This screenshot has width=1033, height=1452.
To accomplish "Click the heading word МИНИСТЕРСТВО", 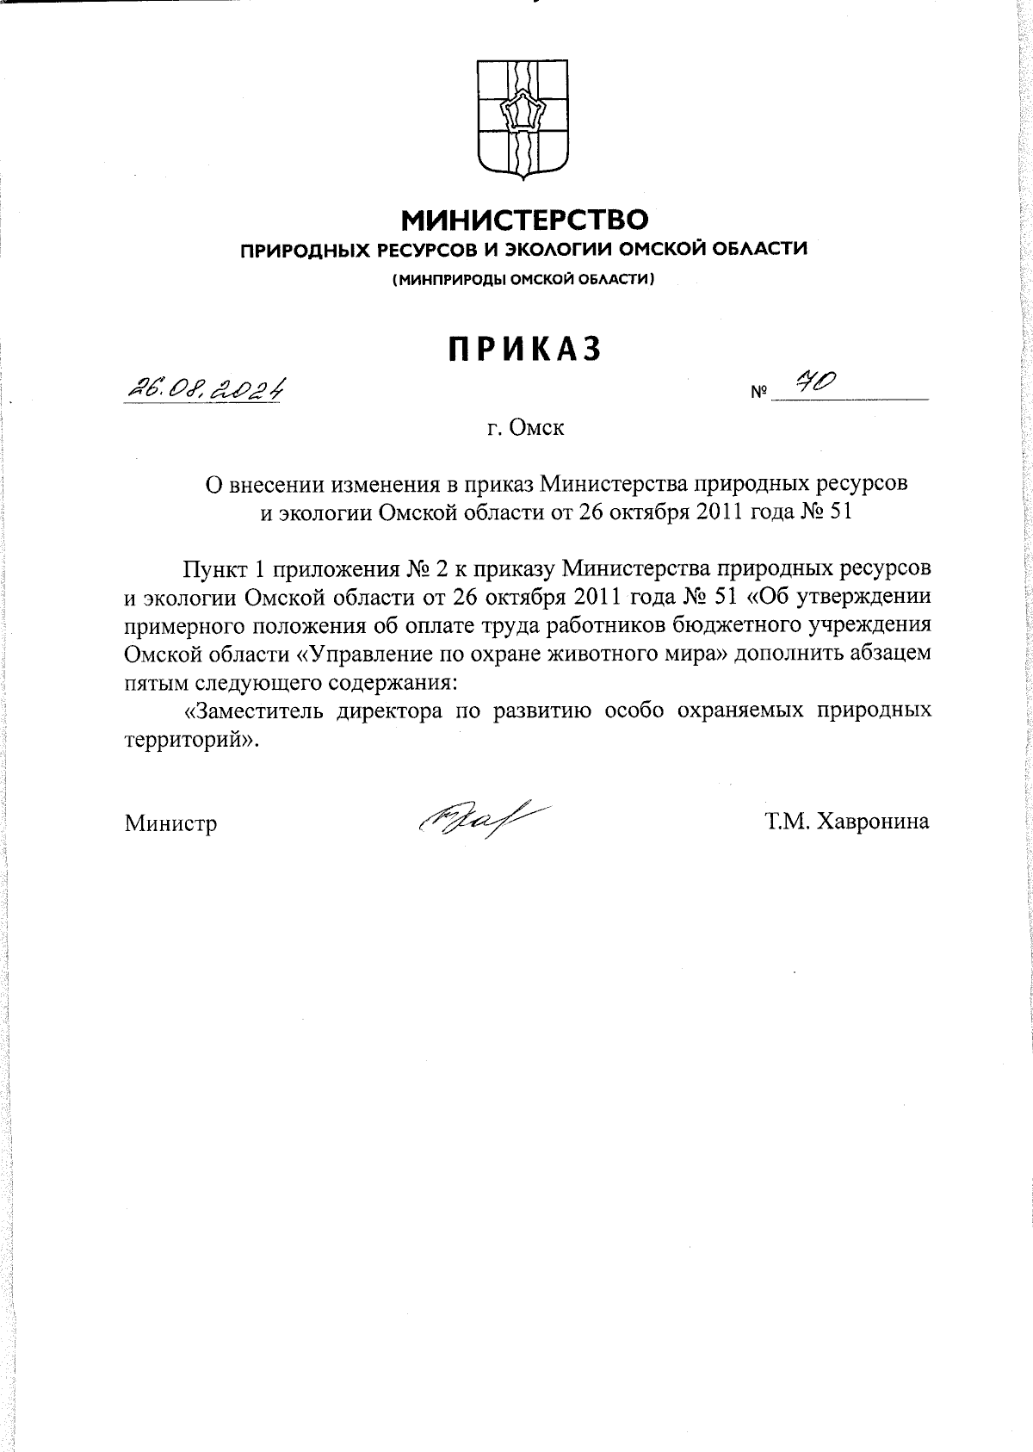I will [525, 221].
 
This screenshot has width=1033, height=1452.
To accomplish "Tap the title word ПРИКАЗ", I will [524, 349].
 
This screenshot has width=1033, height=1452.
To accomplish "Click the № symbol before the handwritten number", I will [758, 394].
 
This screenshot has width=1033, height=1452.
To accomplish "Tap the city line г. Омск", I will [524, 427].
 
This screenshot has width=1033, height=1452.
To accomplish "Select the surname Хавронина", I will [873, 822].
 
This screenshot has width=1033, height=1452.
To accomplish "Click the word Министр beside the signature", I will [170, 823].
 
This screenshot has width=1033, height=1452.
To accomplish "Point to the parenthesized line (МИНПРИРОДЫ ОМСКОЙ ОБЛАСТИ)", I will [524, 280].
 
